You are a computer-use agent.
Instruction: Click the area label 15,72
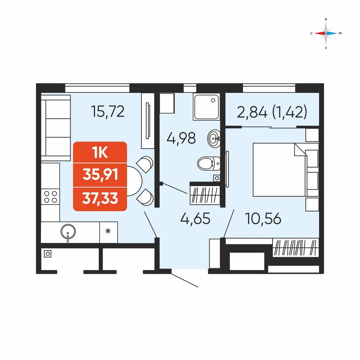click(108, 111)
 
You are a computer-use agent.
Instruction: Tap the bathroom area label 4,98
click(181, 138)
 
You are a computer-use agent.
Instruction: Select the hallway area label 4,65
click(195, 218)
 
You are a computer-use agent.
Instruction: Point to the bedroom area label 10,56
click(263, 219)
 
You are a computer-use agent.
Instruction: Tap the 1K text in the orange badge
click(100, 152)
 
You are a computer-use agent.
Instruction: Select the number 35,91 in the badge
click(100, 174)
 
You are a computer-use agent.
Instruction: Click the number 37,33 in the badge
click(100, 198)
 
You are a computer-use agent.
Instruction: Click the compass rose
click(326, 33)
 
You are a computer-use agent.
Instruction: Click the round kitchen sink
click(68, 231)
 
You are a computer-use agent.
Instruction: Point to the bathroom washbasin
click(214, 139)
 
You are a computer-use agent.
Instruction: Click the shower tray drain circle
click(213, 100)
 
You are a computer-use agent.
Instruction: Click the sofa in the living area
click(56, 128)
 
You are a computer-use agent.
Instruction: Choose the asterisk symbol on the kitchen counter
click(108, 231)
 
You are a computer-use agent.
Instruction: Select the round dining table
click(134, 181)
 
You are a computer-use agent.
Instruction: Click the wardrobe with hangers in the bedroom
click(296, 248)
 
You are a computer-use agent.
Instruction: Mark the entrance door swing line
click(185, 280)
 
